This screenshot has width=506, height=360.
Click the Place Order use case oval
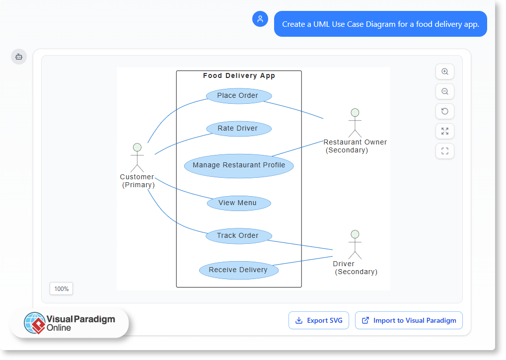[238, 96]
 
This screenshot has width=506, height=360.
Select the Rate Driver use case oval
[238, 129]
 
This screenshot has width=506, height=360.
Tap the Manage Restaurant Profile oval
[239, 165]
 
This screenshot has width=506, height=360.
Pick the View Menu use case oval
[238, 203]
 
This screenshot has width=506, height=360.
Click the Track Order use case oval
[238, 236]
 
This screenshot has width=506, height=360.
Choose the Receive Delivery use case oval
[239, 270]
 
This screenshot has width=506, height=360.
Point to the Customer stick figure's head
[137, 147]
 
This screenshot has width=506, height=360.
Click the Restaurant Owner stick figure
[355, 123]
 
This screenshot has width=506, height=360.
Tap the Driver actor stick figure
[355, 244]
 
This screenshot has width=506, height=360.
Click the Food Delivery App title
[239, 76]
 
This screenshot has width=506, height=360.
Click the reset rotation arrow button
[445, 111]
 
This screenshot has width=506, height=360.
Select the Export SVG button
[319, 320]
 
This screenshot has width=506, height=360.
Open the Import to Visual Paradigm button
[409, 320]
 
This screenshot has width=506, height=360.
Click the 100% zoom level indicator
[62, 288]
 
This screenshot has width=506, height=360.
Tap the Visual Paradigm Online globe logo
[34, 323]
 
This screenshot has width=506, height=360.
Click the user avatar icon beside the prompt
[260, 19]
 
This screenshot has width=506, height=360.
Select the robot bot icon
[19, 57]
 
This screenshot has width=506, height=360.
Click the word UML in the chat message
[322, 24]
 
